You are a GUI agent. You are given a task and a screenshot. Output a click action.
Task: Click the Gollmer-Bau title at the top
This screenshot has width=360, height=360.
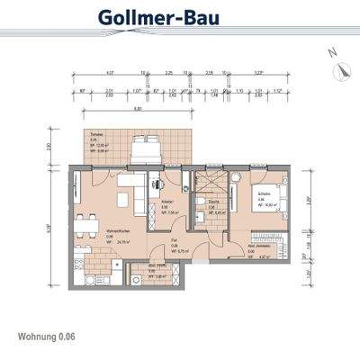[x=179, y=18]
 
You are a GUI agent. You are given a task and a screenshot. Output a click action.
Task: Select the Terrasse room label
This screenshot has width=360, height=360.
[x=95, y=133]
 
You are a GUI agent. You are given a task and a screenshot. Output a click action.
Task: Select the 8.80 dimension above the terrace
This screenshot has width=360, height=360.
[x=137, y=108]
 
